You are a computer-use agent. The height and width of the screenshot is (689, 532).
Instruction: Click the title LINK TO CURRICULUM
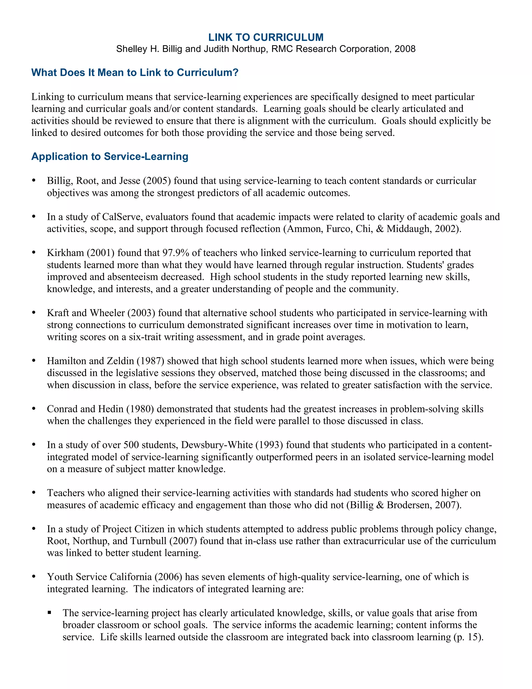(266, 37)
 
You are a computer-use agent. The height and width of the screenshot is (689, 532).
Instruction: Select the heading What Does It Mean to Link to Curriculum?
(135, 73)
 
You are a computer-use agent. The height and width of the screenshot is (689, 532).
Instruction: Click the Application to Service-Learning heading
(110, 157)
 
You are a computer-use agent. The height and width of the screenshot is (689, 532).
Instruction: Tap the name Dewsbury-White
(217, 445)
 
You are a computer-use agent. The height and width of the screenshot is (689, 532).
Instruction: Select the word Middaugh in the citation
(408, 229)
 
